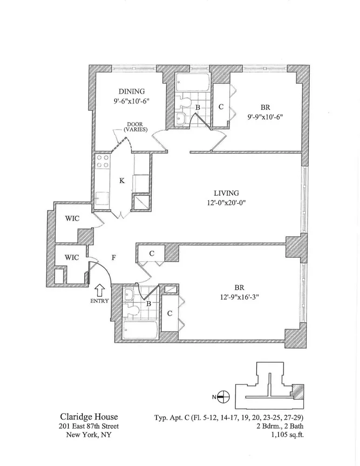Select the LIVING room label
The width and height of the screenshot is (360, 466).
(226, 193)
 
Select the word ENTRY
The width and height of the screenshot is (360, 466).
(99, 301)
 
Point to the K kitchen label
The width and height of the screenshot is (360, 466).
(122, 181)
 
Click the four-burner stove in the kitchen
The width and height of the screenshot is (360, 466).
(103, 161)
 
